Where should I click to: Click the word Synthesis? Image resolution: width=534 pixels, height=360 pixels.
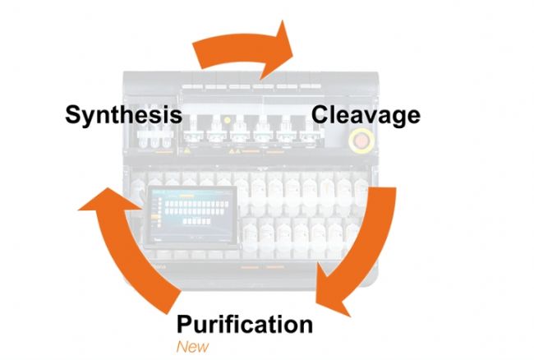123,113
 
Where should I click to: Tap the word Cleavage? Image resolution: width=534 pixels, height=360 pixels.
365,113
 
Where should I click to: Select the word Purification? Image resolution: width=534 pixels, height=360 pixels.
245,324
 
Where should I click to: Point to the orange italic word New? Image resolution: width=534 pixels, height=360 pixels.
192,345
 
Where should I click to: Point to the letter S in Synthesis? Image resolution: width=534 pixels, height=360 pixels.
75,113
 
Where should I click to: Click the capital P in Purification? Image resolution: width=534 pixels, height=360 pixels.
185,324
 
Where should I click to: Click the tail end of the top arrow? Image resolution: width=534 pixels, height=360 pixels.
197,54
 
